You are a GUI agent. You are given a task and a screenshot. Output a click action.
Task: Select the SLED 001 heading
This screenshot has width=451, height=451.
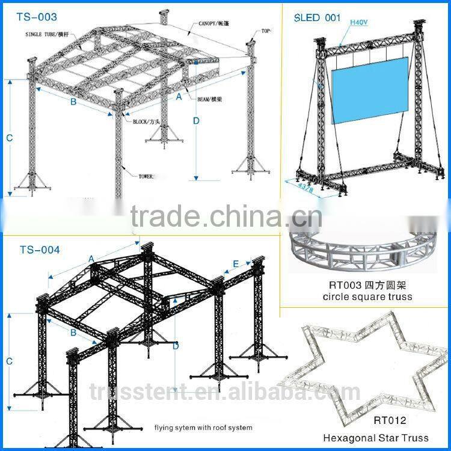[x=317, y=17]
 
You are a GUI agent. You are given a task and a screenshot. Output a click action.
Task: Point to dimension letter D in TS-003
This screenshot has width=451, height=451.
[x=196, y=120]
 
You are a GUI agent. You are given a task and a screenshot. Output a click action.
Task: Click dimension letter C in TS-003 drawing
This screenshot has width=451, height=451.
[x=9, y=138]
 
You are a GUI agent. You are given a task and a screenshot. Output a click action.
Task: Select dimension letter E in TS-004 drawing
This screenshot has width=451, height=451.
[x=236, y=263]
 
